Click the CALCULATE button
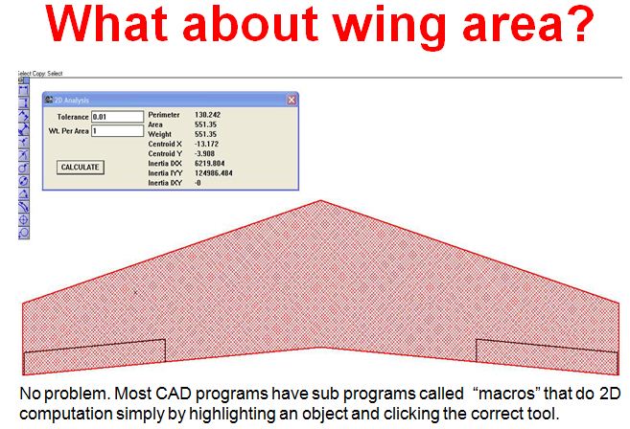click(x=80, y=167)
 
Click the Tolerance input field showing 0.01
click(x=117, y=117)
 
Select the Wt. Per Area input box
click(x=117, y=131)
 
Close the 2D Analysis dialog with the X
click(x=291, y=100)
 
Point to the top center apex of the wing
click(x=319, y=201)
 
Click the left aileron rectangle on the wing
click(x=94, y=357)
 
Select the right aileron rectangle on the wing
click(x=543, y=357)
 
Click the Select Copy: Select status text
click(x=39, y=73)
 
